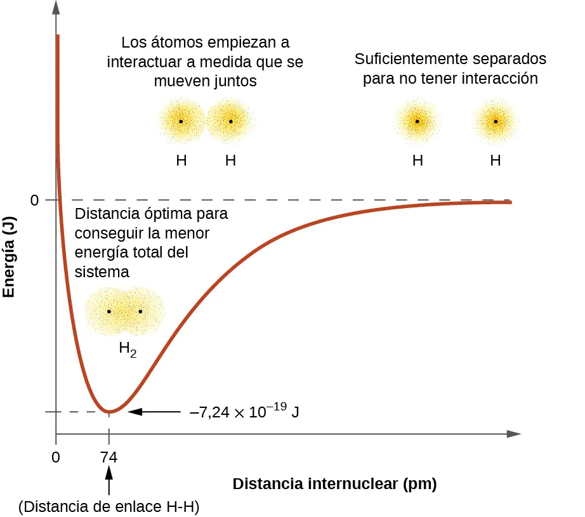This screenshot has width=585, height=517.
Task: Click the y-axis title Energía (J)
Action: point(9,254)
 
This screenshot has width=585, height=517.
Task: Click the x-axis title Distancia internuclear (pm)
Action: point(334,485)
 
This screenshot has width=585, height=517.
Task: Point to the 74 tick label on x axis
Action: point(109,456)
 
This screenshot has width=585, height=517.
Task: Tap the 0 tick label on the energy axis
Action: point(35,200)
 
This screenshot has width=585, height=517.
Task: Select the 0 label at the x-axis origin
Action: point(56,456)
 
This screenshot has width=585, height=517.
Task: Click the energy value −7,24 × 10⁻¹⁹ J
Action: point(245,412)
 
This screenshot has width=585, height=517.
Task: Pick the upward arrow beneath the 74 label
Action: point(109,480)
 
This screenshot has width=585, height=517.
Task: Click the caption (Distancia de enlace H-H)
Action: point(109,507)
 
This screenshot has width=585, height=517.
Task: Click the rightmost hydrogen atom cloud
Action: point(496,121)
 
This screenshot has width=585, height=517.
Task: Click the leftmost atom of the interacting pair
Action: point(181,121)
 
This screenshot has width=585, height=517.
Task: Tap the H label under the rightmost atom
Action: point(496,160)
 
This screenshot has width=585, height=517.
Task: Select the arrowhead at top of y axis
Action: point(56,8)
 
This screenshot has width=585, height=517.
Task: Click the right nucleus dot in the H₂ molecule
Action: point(140,311)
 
